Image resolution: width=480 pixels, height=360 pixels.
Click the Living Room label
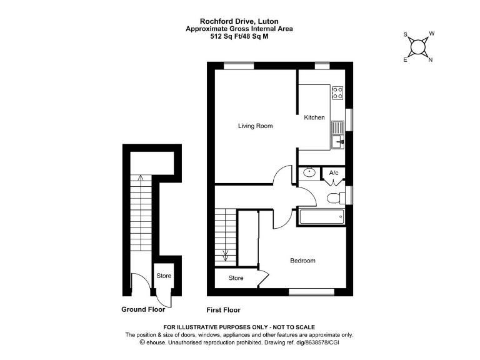(x=255, y=126)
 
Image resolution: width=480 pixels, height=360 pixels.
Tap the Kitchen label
(x=314, y=117)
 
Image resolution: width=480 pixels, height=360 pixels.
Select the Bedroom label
(x=302, y=261)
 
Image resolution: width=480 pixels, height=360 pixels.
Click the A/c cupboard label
(x=334, y=173)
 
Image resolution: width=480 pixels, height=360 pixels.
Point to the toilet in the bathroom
(x=334, y=199)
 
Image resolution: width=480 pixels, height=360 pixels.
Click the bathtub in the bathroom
(x=321, y=217)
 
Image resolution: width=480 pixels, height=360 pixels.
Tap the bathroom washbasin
(x=309, y=172)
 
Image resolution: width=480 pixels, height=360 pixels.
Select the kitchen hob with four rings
(x=337, y=92)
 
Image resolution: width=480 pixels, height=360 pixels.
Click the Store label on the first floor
(x=236, y=278)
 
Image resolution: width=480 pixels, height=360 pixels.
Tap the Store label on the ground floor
(x=164, y=276)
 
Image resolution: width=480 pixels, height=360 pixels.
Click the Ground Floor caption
(x=143, y=309)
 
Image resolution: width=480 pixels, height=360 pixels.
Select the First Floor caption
(x=223, y=310)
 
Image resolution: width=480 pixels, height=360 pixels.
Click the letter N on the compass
(x=431, y=60)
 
